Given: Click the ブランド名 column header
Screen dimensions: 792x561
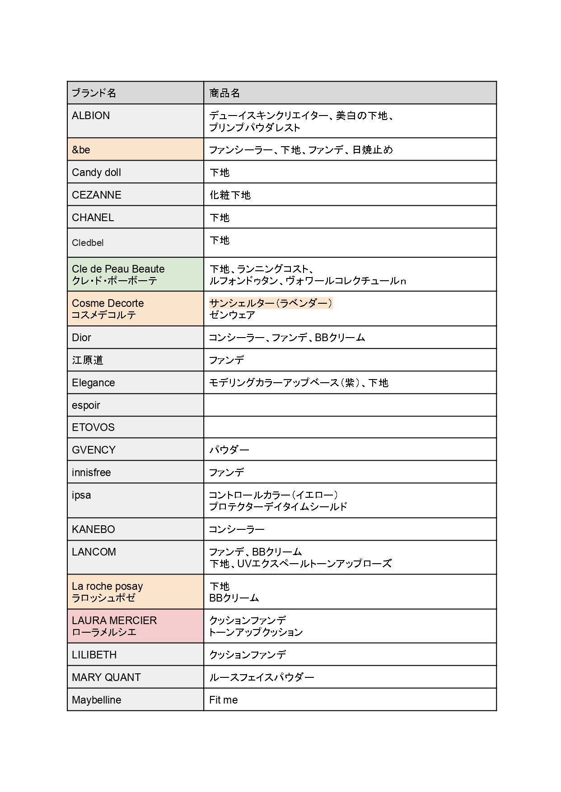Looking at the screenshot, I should pos(94,93).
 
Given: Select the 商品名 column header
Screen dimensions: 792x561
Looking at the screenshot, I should pos(224,93).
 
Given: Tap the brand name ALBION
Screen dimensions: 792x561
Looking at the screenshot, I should pos(91,116).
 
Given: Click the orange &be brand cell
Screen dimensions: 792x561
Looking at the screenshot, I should pos(135,149).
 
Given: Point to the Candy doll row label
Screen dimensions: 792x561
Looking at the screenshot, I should pos(96,172).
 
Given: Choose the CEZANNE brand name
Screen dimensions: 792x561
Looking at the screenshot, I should pos(97,195).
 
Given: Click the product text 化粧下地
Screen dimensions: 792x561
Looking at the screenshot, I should pos(230,195).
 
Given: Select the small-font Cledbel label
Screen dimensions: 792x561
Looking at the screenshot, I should pos(88,243).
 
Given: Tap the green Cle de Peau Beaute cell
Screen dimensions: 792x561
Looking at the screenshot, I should pos(135,274).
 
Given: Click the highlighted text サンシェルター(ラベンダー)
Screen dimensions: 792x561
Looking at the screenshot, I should pos(271,303).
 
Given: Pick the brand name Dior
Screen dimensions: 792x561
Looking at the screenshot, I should pos(81,338).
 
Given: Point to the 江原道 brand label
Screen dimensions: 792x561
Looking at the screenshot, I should pos(88,360).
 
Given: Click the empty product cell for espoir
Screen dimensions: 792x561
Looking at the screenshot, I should pos(350,405).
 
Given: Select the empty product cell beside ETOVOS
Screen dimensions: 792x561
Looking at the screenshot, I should pos(350,427).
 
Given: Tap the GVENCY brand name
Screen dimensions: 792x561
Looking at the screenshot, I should pos(93,450).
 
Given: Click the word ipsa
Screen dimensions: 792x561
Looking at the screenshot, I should pos(81,495).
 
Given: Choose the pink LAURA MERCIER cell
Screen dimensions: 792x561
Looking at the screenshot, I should pos(135,626).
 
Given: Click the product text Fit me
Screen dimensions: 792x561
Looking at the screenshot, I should pos(223,700).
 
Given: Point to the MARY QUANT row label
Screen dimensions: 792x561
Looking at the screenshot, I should pos(106,677).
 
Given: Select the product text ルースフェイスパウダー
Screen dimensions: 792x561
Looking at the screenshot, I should pos(262,677).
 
